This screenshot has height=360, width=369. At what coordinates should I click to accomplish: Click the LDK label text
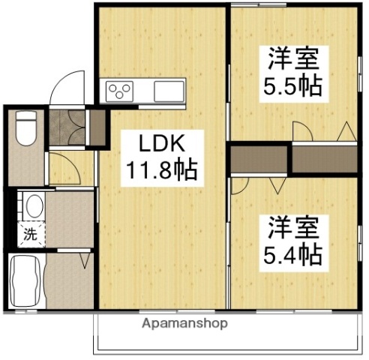tap(159, 142)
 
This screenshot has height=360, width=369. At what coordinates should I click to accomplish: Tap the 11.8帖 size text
tap(160, 170)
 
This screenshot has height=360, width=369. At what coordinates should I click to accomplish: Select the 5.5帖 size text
tap(292, 85)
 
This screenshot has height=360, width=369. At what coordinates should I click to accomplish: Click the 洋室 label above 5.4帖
tap(292, 226)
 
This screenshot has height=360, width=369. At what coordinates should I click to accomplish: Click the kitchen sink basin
tap(168, 91)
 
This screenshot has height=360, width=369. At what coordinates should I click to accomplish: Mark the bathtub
tap(26, 280)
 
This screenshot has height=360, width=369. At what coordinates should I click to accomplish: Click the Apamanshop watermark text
tap(183, 324)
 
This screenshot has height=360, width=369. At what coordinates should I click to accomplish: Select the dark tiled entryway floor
tap(67, 127)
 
